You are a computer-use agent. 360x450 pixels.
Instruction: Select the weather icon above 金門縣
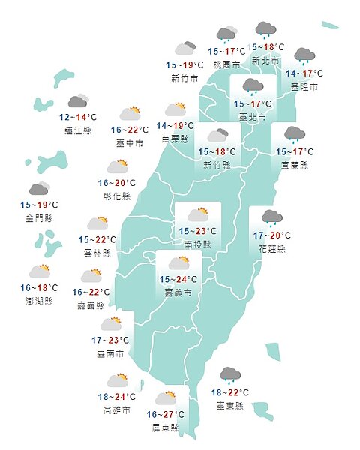click(39, 189)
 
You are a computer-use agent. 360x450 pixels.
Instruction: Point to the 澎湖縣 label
click(38, 301)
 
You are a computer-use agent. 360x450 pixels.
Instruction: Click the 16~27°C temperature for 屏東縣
click(166, 415)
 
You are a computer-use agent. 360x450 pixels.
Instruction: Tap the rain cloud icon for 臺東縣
click(230, 374)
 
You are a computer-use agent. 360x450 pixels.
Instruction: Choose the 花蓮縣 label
click(271, 248)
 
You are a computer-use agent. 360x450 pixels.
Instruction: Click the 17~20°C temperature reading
click(271, 235)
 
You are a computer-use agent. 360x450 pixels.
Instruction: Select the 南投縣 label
click(197, 244)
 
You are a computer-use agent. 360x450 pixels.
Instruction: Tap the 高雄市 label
click(117, 409)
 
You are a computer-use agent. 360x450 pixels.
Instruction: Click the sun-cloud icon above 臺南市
click(111, 324)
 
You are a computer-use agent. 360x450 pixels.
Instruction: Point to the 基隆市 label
click(304, 87)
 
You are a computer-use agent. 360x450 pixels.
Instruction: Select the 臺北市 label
click(252, 117)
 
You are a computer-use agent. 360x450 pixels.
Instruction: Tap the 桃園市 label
click(226, 64)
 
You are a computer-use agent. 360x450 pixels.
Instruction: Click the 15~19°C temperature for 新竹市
click(184, 65)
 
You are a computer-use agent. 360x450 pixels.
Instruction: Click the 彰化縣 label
click(116, 196)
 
